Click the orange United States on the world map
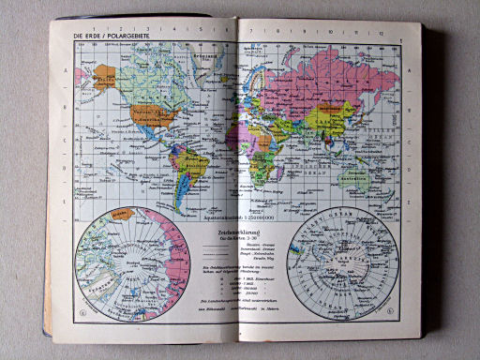(x=155, y=116)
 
